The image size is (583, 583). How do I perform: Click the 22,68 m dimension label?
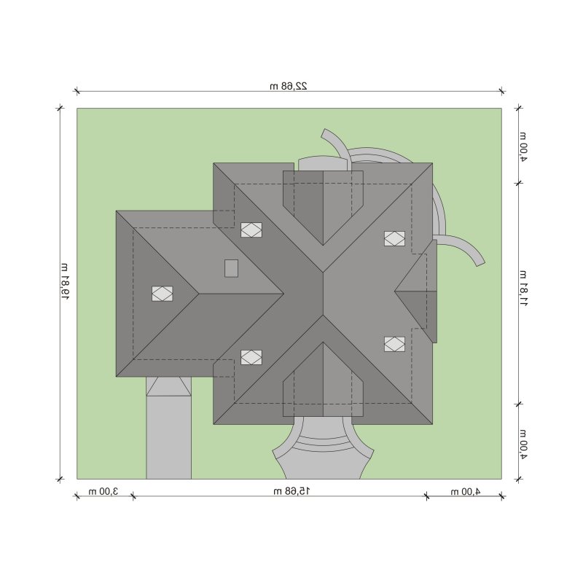pyautogui.click(x=289, y=86)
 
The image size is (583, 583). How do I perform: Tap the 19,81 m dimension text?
pyautogui.click(x=65, y=282)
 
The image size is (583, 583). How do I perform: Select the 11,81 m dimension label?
pyautogui.click(x=523, y=288)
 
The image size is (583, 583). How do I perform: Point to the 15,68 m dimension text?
pyautogui.click(x=292, y=491)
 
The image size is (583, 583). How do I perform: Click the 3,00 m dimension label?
pyautogui.click(x=103, y=491)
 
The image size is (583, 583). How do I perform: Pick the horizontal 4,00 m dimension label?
pyautogui.click(x=466, y=491)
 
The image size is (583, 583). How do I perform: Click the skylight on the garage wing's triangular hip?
pyautogui.click(x=162, y=294)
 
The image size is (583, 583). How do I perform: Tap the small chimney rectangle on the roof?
pyautogui.click(x=231, y=268)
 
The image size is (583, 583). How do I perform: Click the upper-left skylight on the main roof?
pyautogui.click(x=251, y=230)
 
